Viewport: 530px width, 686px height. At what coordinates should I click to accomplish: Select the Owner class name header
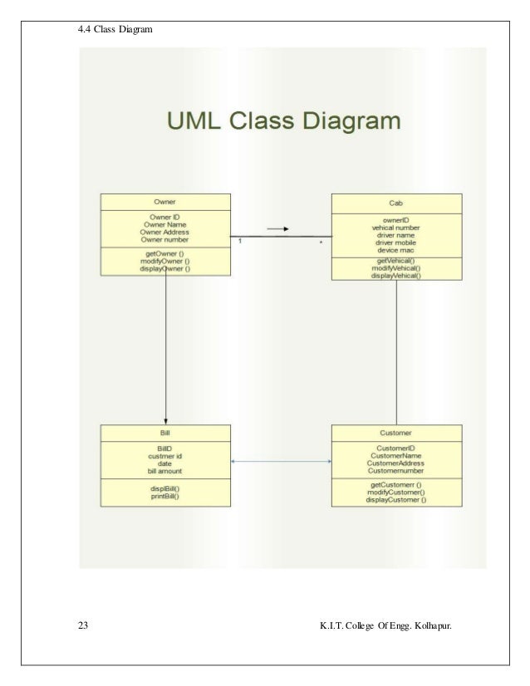(x=164, y=201)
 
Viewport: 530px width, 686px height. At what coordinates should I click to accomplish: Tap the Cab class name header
(x=396, y=201)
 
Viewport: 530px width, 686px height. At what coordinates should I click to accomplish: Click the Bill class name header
(x=164, y=433)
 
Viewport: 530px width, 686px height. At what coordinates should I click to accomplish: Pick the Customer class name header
(x=395, y=433)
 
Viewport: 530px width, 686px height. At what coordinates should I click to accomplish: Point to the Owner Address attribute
(x=164, y=232)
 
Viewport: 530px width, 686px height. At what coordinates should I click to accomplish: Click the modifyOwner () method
(x=164, y=261)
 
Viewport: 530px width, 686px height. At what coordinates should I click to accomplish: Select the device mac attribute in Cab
(x=396, y=250)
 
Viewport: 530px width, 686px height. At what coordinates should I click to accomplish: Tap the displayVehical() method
(x=396, y=276)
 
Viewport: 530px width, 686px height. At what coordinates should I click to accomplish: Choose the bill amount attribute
(x=164, y=471)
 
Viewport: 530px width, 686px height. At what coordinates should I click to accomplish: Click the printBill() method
(x=164, y=497)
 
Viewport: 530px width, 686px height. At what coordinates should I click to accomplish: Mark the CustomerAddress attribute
(x=395, y=463)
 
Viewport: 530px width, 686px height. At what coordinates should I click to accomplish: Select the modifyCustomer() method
(x=395, y=492)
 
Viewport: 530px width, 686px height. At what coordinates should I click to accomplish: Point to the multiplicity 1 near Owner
(x=239, y=242)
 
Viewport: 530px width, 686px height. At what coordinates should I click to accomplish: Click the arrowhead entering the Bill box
(x=165, y=421)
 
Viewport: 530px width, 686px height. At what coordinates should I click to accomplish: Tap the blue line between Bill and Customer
(x=281, y=462)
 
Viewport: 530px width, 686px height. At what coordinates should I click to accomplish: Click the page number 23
(x=81, y=623)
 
